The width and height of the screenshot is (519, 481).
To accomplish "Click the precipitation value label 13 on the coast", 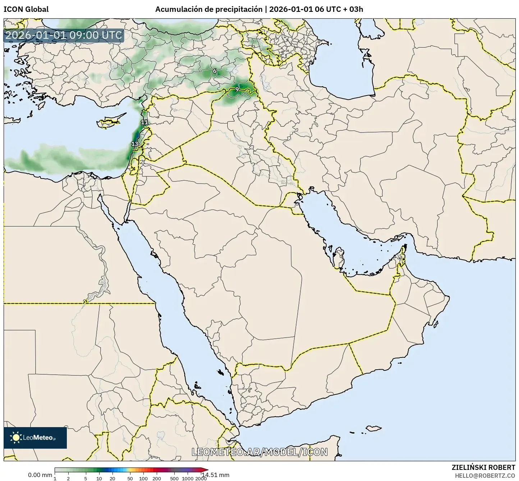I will [x=135, y=144].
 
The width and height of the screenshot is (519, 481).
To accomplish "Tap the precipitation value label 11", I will [x=144, y=122].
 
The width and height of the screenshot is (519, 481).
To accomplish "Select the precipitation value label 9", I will [x=237, y=89].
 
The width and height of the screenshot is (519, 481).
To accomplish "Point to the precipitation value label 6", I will [x=215, y=71].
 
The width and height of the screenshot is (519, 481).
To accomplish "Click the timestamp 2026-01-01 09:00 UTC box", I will [x=64, y=36].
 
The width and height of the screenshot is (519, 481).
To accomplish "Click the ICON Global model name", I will [x=26, y=9].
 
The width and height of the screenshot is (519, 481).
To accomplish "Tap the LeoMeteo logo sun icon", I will [x=16, y=438].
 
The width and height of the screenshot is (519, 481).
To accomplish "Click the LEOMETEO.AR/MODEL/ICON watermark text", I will [x=259, y=452].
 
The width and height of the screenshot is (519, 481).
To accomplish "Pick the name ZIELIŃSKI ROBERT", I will [x=483, y=467].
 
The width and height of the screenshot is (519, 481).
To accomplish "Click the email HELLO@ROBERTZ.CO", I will [x=485, y=475].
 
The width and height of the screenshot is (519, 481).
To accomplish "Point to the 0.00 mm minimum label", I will [x=40, y=475].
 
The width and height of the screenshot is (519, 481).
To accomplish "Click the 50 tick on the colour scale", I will [x=130, y=478].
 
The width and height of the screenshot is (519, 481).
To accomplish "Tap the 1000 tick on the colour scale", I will [x=188, y=478].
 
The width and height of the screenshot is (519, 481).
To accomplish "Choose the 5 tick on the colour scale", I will [x=86, y=478].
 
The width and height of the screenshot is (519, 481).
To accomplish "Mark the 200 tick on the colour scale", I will [x=156, y=478].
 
